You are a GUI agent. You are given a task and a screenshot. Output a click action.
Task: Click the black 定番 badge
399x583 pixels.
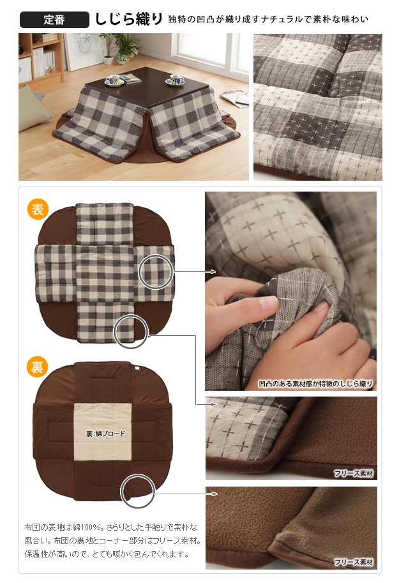pyautogui.click(x=54, y=20)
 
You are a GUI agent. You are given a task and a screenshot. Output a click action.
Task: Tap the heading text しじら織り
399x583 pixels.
pyautogui.click(x=129, y=19)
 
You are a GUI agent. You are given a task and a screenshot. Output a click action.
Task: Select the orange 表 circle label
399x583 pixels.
pyautogui.click(x=38, y=209)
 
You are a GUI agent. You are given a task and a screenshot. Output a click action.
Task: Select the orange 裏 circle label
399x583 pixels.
pyautogui.click(x=37, y=367)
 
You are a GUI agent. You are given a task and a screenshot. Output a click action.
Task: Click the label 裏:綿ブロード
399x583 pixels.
pyautogui.click(x=105, y=434)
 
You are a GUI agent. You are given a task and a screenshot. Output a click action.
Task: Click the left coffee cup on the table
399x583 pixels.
pyautogui.click(x=114, y=80)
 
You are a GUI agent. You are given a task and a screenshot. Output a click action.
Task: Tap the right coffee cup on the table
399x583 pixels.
pyautogui.click(x=175, y=80)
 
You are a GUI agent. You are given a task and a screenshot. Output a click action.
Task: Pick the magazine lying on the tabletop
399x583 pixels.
pyautogui.click(x=130, y=78)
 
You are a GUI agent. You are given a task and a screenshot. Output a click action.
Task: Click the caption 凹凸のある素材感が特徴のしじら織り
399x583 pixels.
pyautogui.click(x=315, y=384)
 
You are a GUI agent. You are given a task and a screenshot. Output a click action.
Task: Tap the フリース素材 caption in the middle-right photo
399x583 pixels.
pyautogui.click(x=353, y=473)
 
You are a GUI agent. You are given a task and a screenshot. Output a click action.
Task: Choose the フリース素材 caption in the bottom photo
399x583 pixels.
pyautogui.click(x=353, y=562)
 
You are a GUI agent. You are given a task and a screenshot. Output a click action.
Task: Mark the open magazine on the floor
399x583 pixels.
pyautogui.click(x=235, y=98)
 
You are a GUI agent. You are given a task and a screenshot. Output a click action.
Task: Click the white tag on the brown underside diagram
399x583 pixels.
pyautogui.click(x=137, y=368)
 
